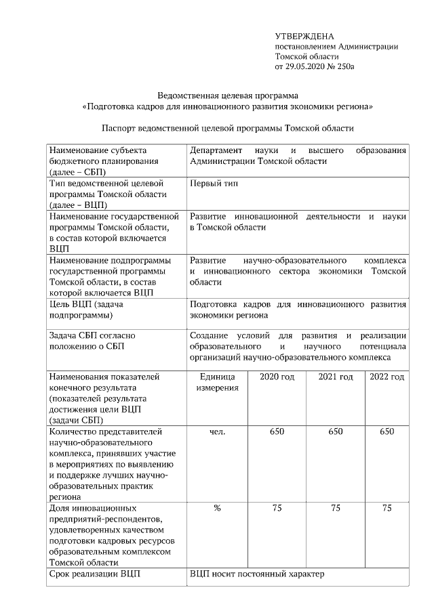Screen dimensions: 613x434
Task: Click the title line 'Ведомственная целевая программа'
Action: click(228, 96)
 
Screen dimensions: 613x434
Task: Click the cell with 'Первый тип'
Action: click(214, 184)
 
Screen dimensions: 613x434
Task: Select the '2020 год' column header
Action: click(277, 377)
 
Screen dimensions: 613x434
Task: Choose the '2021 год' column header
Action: click(336, 377)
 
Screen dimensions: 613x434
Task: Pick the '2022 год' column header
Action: click(387, 377)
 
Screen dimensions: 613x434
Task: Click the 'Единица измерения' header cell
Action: click(217, 382)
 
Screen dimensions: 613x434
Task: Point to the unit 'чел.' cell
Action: click(217, 431)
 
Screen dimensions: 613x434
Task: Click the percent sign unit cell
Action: click(217, 508)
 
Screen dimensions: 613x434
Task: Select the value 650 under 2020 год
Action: click(277, 431)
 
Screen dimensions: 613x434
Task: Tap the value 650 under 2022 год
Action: click(387, 431)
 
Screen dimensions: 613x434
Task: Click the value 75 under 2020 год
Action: click(277, 508)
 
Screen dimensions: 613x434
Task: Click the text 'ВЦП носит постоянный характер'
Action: click(257, 574)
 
